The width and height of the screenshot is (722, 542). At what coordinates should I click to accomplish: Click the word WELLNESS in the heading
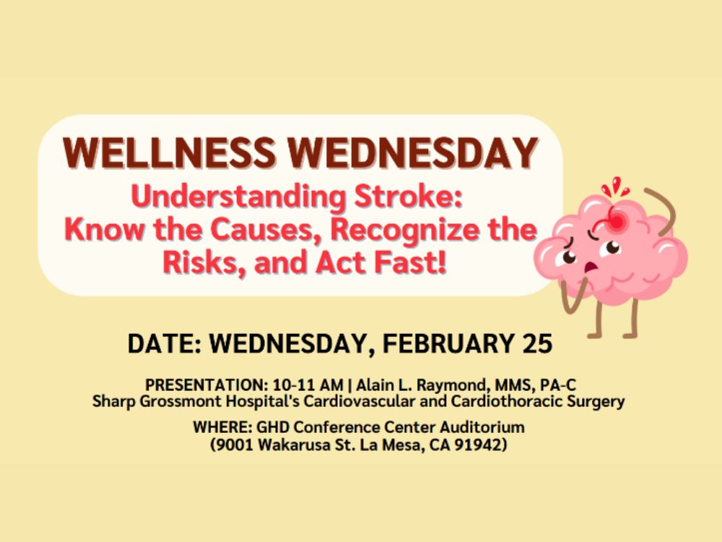coord(169,152)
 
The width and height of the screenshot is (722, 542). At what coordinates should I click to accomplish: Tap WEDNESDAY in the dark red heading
coord(413,152)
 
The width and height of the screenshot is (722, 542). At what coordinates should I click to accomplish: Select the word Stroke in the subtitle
coord(407,197)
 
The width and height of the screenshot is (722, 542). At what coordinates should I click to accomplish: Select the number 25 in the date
coord(537,344)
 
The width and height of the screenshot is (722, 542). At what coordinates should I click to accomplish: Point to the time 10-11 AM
coord(308,385)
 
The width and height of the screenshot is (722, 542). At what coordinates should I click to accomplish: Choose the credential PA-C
coord(557,385)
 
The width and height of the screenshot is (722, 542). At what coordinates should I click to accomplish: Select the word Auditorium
coord(482,427)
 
